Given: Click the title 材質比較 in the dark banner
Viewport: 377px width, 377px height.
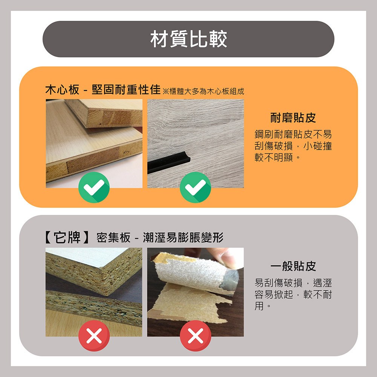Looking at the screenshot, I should (188, 39).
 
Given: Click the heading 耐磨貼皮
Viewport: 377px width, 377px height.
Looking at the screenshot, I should (293, 118).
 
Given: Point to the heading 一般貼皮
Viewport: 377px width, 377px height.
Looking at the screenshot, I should (293, 267).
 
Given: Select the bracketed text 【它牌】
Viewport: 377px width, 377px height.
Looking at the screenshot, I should (66, 238).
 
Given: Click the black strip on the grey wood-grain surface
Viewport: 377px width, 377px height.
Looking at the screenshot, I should (170, 165).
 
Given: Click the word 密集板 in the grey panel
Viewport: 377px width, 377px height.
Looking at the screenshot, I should (113, 238).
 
